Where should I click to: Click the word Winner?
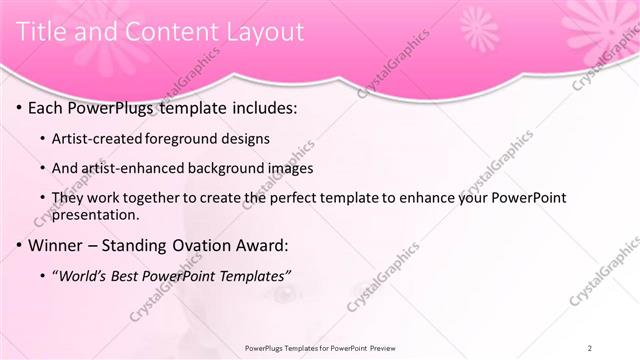click(x=58, y=245)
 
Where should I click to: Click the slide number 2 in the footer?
click(x=590, y=348)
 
